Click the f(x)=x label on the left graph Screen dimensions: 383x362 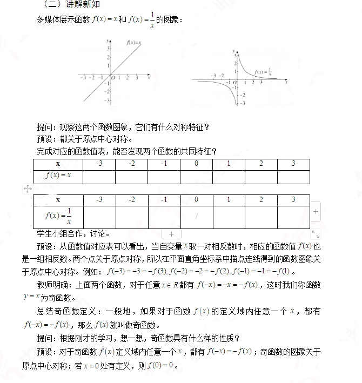[x=133, y=42]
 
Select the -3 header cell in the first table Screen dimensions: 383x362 [x=99, y=164]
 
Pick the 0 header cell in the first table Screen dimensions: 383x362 [x=196, y=164]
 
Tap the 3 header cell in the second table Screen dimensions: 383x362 [x=293, y=200]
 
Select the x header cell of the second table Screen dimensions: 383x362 [x=58, y=200]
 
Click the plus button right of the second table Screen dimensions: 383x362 [x=316, y=212]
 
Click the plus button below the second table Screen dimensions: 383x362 [x=171, y=234]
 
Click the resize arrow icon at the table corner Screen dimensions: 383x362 [x=316, y=234]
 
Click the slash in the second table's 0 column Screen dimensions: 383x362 [x=197, y=216]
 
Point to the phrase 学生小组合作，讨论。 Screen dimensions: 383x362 [x=73, y=234]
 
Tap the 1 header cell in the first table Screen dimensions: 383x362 [x=229, y=164]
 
